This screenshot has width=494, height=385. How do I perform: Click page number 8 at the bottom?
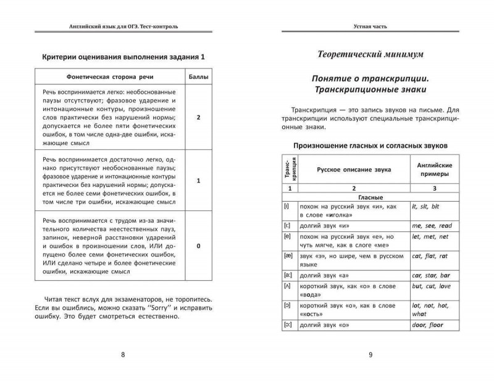[x=123, y=354]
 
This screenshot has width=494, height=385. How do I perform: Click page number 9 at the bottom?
[x=370, y=354]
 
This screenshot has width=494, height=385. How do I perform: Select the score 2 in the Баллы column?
[x=197, y=117]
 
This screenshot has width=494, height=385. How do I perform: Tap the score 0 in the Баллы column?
[x=197, y=246]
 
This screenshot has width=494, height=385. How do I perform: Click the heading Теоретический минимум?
[x=370, y=55]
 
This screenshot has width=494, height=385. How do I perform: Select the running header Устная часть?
[x=370, y=27]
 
